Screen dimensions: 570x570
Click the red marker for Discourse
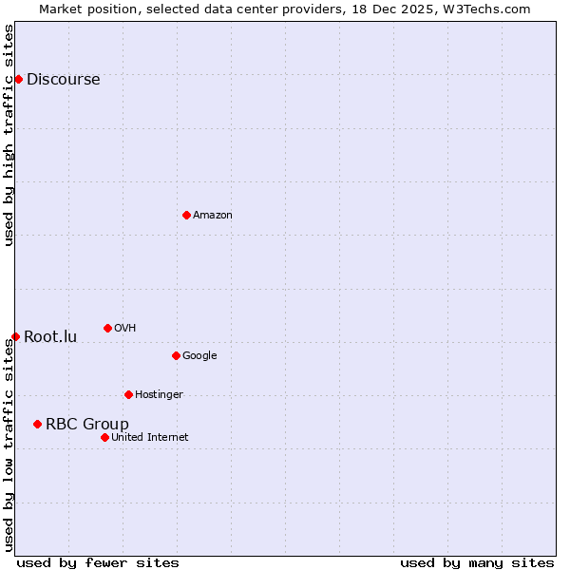[18, 79]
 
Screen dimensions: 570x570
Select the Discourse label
[63, 80]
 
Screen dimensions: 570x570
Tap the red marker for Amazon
[186, 215]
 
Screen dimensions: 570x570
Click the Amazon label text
[213, 216]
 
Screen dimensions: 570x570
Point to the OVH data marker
[107, 328]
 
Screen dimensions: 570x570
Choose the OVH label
[125, 329]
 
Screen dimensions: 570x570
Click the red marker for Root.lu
[15, 336]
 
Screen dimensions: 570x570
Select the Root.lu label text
[50, 337]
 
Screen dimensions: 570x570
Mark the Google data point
[176, 355]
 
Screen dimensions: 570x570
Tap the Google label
[199, 356]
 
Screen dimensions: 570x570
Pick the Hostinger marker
[128, 394]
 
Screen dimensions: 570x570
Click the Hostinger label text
[159, 395]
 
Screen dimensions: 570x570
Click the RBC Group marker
[37, 424]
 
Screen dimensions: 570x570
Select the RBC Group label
[87, 425]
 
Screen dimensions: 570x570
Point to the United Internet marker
[104, 437]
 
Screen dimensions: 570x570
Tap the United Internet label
[150, 438]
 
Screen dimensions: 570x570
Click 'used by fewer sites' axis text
[98, 562]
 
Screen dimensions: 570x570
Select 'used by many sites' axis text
[477, 562]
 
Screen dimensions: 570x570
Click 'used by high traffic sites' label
[9, 135]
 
